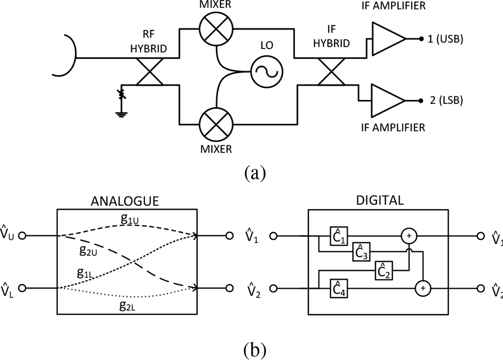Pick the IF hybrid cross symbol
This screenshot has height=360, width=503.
coord(331,71)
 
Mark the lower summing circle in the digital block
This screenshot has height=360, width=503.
coord(423,288)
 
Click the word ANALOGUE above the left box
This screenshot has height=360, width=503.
coord(125,201)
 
